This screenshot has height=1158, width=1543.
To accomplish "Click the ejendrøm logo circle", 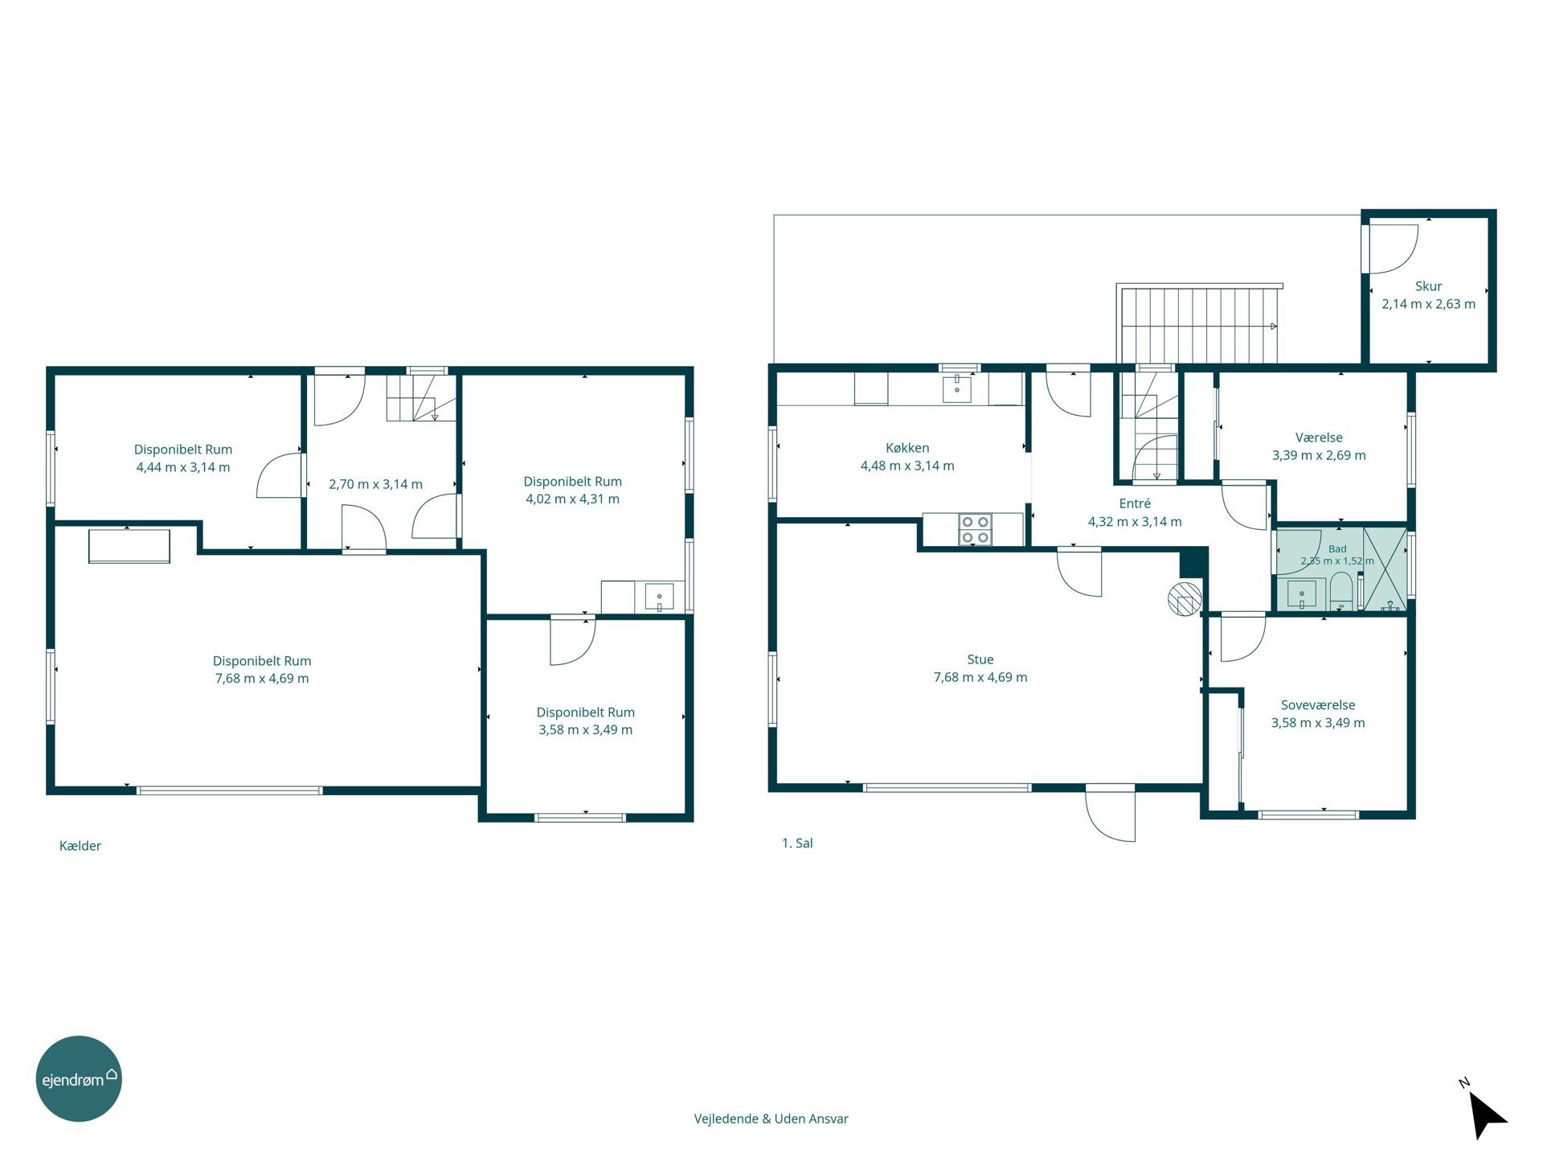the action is (x=79, y=1078).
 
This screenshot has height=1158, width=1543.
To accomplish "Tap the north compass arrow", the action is (x=1486, y=1114).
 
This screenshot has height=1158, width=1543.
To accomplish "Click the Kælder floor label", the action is (x=80, y=846).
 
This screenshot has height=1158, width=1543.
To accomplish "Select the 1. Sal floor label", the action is (x=797, y=844).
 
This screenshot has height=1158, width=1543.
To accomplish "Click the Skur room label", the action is (x=1428, y=286).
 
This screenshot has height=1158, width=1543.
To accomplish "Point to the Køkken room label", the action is (x=907, y=448).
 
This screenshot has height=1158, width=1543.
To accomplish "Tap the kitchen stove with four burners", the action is (x=975, y=530).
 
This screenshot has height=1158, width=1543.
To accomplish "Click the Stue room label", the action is (x=980, y=659).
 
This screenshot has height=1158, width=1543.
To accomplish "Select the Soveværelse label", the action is (x=1318, y=705).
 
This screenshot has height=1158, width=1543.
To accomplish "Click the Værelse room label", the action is (x=1319, y=437).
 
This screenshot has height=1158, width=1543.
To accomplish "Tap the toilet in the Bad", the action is (x=1340, y=596).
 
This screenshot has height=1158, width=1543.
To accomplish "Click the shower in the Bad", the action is (x=1385, y=569).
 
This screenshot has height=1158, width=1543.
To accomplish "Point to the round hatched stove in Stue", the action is (x=1185, y=598).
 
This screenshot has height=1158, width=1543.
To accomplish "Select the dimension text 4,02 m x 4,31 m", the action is (x=572, y=499).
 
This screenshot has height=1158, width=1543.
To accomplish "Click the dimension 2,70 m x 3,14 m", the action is (x=375, y=484).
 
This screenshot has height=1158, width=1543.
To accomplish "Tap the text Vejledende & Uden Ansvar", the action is (x=771, y=1119).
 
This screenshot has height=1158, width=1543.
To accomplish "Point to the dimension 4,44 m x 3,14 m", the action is (x=183, y=467).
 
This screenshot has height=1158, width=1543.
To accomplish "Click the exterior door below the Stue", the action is (x=1110, y=814).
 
